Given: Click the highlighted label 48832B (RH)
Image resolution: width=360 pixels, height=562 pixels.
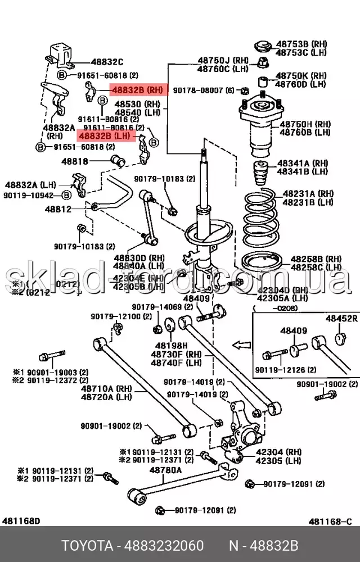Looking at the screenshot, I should coord(137,89).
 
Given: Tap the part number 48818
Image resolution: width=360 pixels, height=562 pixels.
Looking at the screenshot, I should coord(75,161).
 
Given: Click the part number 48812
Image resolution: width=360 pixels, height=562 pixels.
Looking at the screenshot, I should coord(58,209).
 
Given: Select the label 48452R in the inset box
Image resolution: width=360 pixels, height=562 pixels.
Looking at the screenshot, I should coord(341,319).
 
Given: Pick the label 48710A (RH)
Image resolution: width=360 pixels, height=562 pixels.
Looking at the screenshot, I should coord(105,388).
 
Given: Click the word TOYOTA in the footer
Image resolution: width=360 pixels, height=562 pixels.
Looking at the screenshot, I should coord(85,545).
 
